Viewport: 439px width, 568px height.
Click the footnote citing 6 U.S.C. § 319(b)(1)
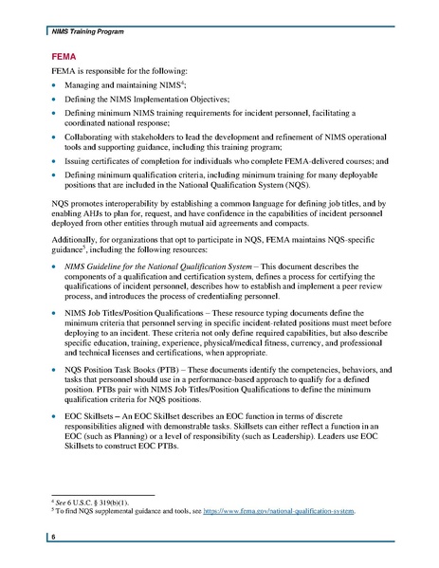(x=90, y=502)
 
